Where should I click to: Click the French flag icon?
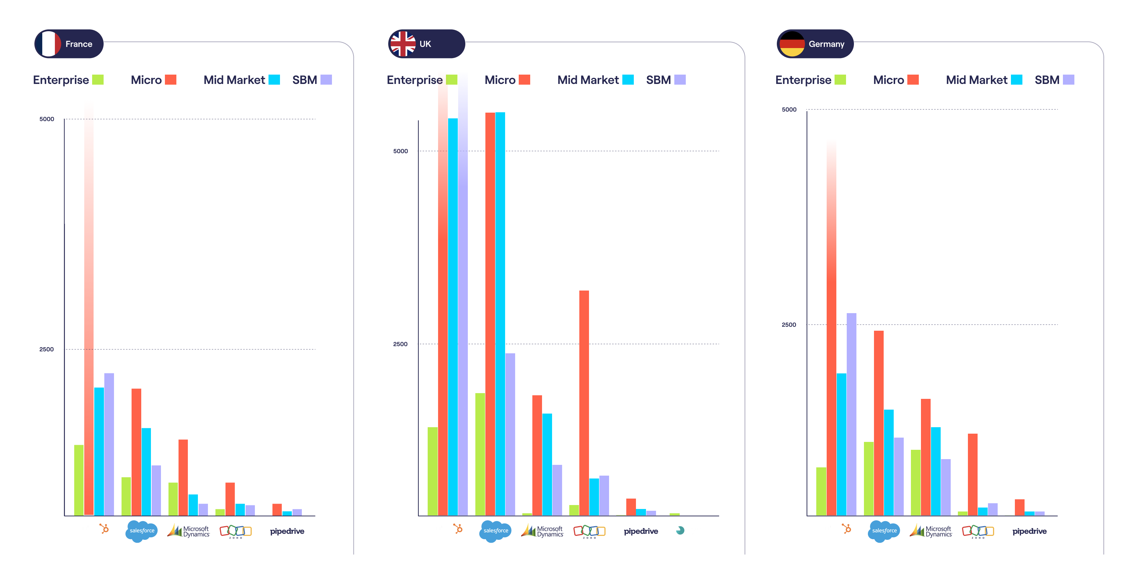coord(48,44)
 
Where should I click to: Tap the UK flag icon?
coord(403,44)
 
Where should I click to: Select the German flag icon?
coord(792,44)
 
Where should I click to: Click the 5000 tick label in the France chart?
coord(47,119)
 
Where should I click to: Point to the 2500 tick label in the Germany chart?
coord(789,325)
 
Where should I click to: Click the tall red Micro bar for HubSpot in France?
coord(89,307)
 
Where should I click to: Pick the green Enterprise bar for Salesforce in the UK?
coord(480,454)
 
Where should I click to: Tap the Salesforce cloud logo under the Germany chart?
coord(884,531)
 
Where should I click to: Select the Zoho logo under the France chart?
coord(236,531)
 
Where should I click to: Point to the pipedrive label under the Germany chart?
coord(1030,531)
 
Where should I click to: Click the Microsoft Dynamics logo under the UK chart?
coord(542,531)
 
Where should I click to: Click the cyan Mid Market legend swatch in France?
coord(274,80)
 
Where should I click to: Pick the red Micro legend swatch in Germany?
coord(913,80)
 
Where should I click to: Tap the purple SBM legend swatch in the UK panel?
coord(680,80)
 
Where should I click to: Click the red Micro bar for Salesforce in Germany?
coord(879,423)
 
